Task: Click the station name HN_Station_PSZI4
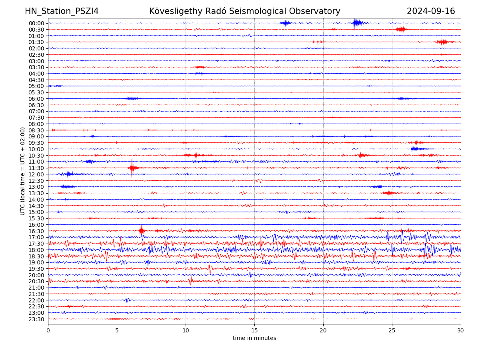point(62,11)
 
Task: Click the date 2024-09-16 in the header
point(431,11)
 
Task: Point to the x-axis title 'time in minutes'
point(254,338)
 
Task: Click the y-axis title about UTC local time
point(23,171)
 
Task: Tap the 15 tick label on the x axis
point(254,331)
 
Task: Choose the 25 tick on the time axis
point(392,331)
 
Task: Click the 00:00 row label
point(36,23)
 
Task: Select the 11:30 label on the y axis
point(36,168)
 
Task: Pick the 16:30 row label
point(36,231)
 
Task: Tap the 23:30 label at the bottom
point(36,319)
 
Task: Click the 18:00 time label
point(36,250)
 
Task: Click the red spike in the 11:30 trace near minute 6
point(132,168)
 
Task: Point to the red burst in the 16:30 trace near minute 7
point(141,230)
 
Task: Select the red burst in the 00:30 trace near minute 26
point(401,29)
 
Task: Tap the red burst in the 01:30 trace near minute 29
point(442,42)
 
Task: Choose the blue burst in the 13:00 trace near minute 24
point(377,187)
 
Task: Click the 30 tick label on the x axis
point(461,331)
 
